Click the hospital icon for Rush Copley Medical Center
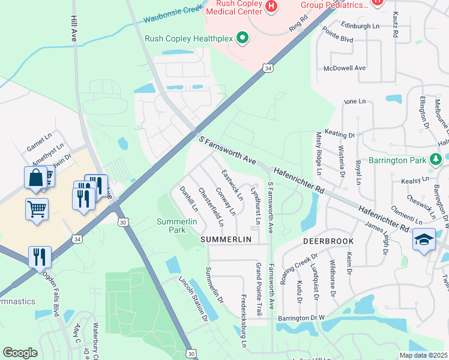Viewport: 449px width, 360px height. pos(271,7)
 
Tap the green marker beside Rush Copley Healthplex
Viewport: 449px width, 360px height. pos(243,38)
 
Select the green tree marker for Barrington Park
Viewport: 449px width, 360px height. pos(436,160)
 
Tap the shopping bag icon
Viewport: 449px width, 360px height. pos(35,178)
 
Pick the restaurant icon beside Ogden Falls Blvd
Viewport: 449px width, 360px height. pos(40,257)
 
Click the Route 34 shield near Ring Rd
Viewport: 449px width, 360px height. pos(267,69)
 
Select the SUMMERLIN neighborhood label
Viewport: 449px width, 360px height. pos(225,239)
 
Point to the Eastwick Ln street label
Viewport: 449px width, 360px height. pos(232,185)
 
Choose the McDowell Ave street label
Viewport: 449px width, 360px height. pos(344,68)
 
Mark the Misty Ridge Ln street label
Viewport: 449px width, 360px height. pos(318,154)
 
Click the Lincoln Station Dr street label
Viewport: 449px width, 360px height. pos(192,298)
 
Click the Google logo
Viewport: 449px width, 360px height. pos(20,353)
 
